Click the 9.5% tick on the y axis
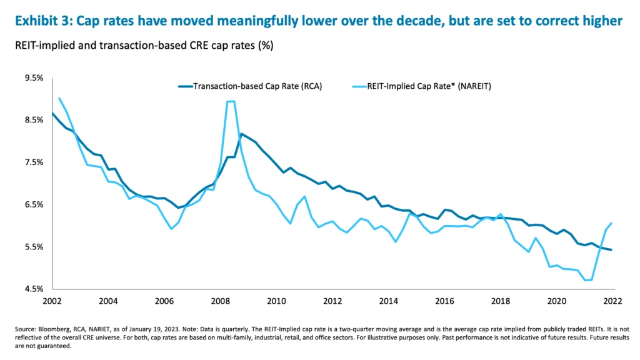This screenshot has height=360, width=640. pos(34,78)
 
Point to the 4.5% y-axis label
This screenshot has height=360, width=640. pos(34,289)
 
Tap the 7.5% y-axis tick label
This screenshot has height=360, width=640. pos(34,162)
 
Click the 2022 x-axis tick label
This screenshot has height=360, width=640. pos(612,301)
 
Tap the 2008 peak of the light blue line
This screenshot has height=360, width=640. pos(231,101)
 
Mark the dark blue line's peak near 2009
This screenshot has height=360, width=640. pos(242,134)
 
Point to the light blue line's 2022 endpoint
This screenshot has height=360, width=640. pos(611,223)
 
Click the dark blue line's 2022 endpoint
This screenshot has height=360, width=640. pos(611,250)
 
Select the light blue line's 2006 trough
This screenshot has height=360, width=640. pos(171,229)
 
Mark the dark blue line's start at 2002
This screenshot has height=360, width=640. pos(52,113)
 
